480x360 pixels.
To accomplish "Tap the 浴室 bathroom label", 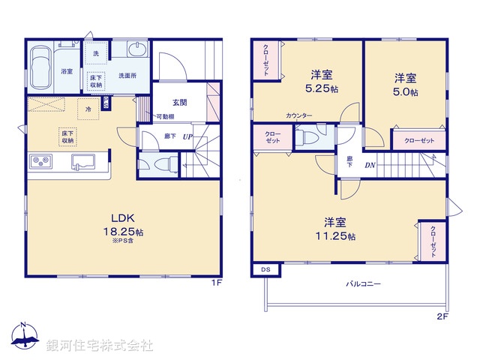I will tap(66, 71).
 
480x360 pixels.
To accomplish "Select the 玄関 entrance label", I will tap(180, 103).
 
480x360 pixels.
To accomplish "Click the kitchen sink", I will tap(82, 162).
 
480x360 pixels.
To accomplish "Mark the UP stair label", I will tap(187, 136).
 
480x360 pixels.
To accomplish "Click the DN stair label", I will tap(370, 165).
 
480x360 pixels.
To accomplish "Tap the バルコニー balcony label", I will tap(364, 285).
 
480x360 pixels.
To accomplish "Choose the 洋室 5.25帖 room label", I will tap(322, 81).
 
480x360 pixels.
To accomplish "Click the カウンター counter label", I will tap(299, 115).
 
